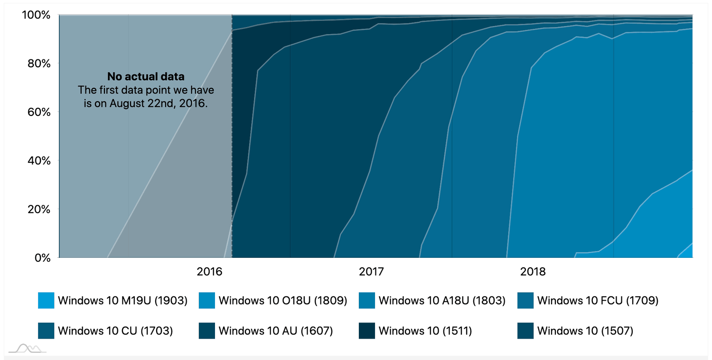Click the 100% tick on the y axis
coord(36,15)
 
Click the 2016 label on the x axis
coord(210,272)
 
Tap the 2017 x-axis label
coord(371,272)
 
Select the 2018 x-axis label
coord(533,272)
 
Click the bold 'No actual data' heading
coord(145,76)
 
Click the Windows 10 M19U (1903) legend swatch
coord(46,301)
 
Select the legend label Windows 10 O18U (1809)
coord(283,301)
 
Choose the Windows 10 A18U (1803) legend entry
coord(442,301)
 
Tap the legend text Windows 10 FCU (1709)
coord(598,301)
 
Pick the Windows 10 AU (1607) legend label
coord(275,331)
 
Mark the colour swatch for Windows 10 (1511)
coord(367,331)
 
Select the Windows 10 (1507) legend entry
coord(585,331)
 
